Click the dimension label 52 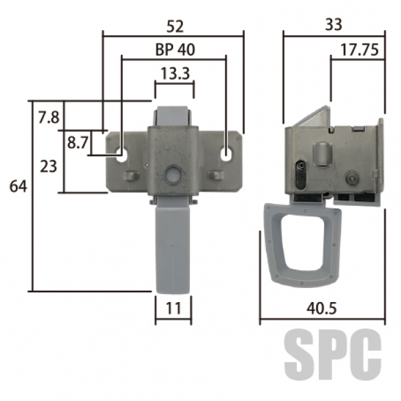point(175,26)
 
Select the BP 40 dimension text point(175,49)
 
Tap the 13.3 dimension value point(175,74)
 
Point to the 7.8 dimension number point(49,118)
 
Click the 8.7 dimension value point(78,142)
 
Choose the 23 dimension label point(48,166)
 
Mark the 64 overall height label point(18,186)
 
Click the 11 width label point(174,308)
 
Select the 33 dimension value point(333,25)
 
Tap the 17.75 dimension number point(360,50)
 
